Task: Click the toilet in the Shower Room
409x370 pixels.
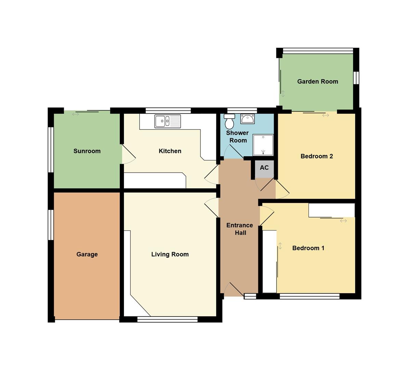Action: (x=230, y=121)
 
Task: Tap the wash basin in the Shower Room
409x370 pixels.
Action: (x=247, y=119)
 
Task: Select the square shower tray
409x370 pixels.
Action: (x=263, y=145)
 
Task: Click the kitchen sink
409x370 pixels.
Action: (x=167, y=121)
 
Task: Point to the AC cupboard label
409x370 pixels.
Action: (x=264, y=168)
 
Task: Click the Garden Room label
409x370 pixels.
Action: (x=317, y=82)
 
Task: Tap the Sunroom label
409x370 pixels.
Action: (x=87, y=151)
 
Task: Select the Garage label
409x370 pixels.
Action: (x=87, y=254)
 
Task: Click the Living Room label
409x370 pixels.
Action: (x=170, y=254)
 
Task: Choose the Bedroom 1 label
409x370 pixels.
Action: (x=308, y=248)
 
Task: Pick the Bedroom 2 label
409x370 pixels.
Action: (x=317, y=156)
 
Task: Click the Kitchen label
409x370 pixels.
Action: (x=170, y=151)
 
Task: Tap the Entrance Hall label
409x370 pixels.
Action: (x=240, y=229)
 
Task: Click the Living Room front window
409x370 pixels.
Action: (x=167, y=319)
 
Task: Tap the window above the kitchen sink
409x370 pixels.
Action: (x=168, y=110)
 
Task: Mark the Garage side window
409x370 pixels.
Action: (x=51, y=225)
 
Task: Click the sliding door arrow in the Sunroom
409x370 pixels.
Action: (x=75, y=114)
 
